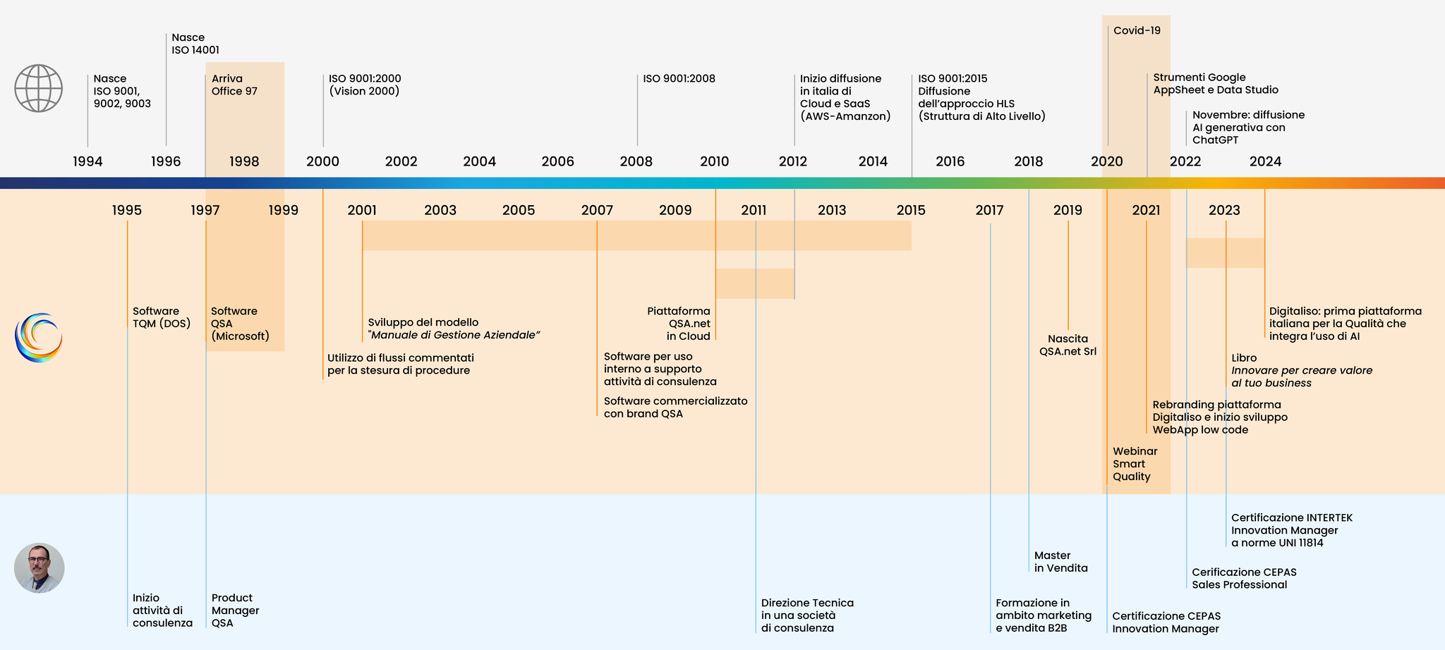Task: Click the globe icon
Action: point(39,88)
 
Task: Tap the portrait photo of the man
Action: point(40,568)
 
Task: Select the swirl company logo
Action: point(39,338)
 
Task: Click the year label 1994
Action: point(87,161)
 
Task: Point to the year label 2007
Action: point(597,210)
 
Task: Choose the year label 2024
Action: point(1265,161)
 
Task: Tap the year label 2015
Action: point(911,210)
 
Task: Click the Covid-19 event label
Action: point(1137,30)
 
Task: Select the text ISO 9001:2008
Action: point(679,78)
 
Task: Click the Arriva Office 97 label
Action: point(234,85)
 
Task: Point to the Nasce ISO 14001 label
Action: point(195,44)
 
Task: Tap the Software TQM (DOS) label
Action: point(162,317)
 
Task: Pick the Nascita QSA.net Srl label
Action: point(1068,345)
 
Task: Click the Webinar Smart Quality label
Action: point(1135,464)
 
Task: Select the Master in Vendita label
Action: point(1060,562)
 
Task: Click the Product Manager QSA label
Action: point(235,611)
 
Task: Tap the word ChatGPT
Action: point(1215,140)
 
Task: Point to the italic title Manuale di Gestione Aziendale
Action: point(454,335)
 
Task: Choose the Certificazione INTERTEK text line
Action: point(1291,517)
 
